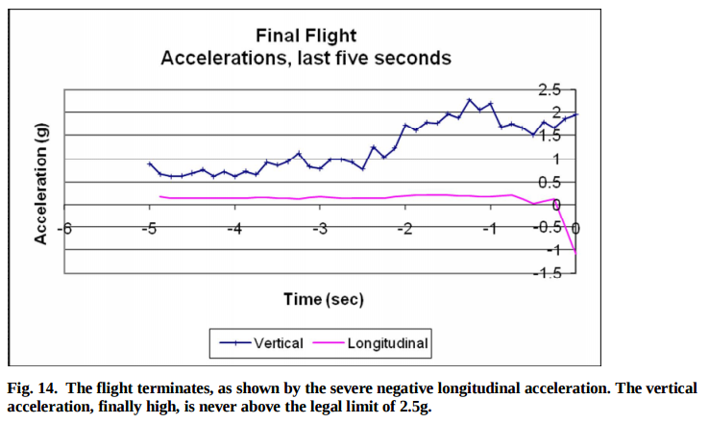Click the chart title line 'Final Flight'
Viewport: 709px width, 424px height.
click(x=306, y=37)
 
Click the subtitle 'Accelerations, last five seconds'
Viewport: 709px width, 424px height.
click(x=306, y=58)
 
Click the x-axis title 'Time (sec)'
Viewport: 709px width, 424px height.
click(x=324, y=299)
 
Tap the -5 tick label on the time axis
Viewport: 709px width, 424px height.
click(x=149, y=228)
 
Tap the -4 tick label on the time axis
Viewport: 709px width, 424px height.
click(x=234, y=228)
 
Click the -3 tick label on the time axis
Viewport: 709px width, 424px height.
click(x=321, y=228)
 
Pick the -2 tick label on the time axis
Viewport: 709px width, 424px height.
click(x=405, y=228)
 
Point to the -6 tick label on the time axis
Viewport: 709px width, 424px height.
click(x=63, y=228)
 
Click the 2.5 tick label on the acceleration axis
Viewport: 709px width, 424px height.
click(x=549, y=89)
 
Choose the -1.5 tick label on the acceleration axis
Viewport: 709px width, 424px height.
click(x=548, y=273)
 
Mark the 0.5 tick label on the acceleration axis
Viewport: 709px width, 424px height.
click(x=549, y=182)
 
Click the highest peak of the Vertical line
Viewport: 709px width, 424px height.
click(x=469, y=100)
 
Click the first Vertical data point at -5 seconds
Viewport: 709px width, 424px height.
click(x=149, y=164)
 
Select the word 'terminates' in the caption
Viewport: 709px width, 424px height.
click(x=161, y=389)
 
